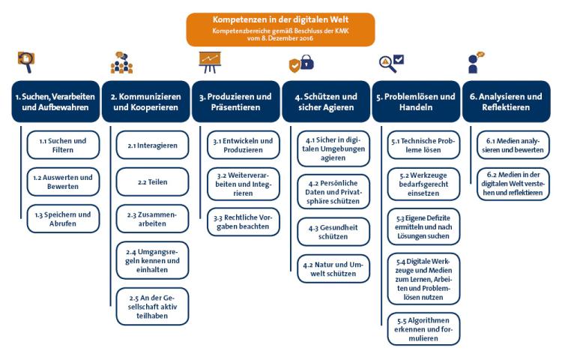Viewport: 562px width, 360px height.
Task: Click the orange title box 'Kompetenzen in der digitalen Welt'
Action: click(x=280, y=29)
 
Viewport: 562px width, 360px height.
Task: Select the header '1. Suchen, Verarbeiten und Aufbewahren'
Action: click(x=55, y=102)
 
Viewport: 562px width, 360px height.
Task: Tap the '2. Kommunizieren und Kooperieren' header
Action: click(x=145, y=102)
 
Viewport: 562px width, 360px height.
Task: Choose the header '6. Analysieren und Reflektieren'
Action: click(x=506, y=102)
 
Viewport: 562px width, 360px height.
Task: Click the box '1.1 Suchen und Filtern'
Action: click(x=63, y=145)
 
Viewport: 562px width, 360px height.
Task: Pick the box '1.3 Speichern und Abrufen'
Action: click(x=63, y=219)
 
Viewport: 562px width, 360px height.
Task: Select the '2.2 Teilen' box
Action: click(x=152, y=181)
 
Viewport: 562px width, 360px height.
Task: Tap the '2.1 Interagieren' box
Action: click(x=152, y=145)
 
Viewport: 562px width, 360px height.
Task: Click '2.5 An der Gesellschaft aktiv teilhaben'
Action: click(x=152, y=305)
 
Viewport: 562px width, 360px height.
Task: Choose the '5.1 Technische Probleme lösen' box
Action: click(x=423, y=145)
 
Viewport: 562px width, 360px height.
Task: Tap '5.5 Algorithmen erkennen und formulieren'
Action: click(x=423, y=328)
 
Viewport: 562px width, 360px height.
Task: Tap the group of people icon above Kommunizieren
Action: click(x=121, y=62)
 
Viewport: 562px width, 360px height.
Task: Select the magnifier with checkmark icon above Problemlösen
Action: click(x=392, y=62)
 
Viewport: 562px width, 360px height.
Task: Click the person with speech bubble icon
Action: click(x=475, y=61)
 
